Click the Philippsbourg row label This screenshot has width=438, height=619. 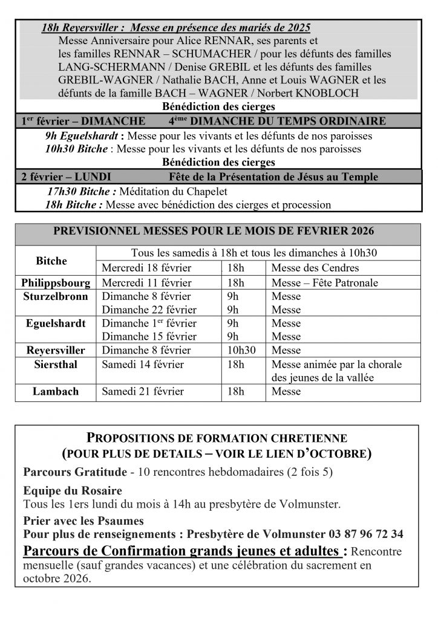coord(56,283)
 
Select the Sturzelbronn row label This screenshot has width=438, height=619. coord(56,297)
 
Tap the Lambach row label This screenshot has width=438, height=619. coord(56,392)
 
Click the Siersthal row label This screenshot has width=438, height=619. coord(56,365)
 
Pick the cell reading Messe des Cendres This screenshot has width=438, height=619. coord(315,268)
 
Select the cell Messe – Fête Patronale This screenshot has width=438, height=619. coord(325,283)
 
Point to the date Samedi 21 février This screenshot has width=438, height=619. coord(143,392)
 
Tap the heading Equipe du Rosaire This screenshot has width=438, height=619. coord(73,491)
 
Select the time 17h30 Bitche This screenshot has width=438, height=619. coord(82,192)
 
